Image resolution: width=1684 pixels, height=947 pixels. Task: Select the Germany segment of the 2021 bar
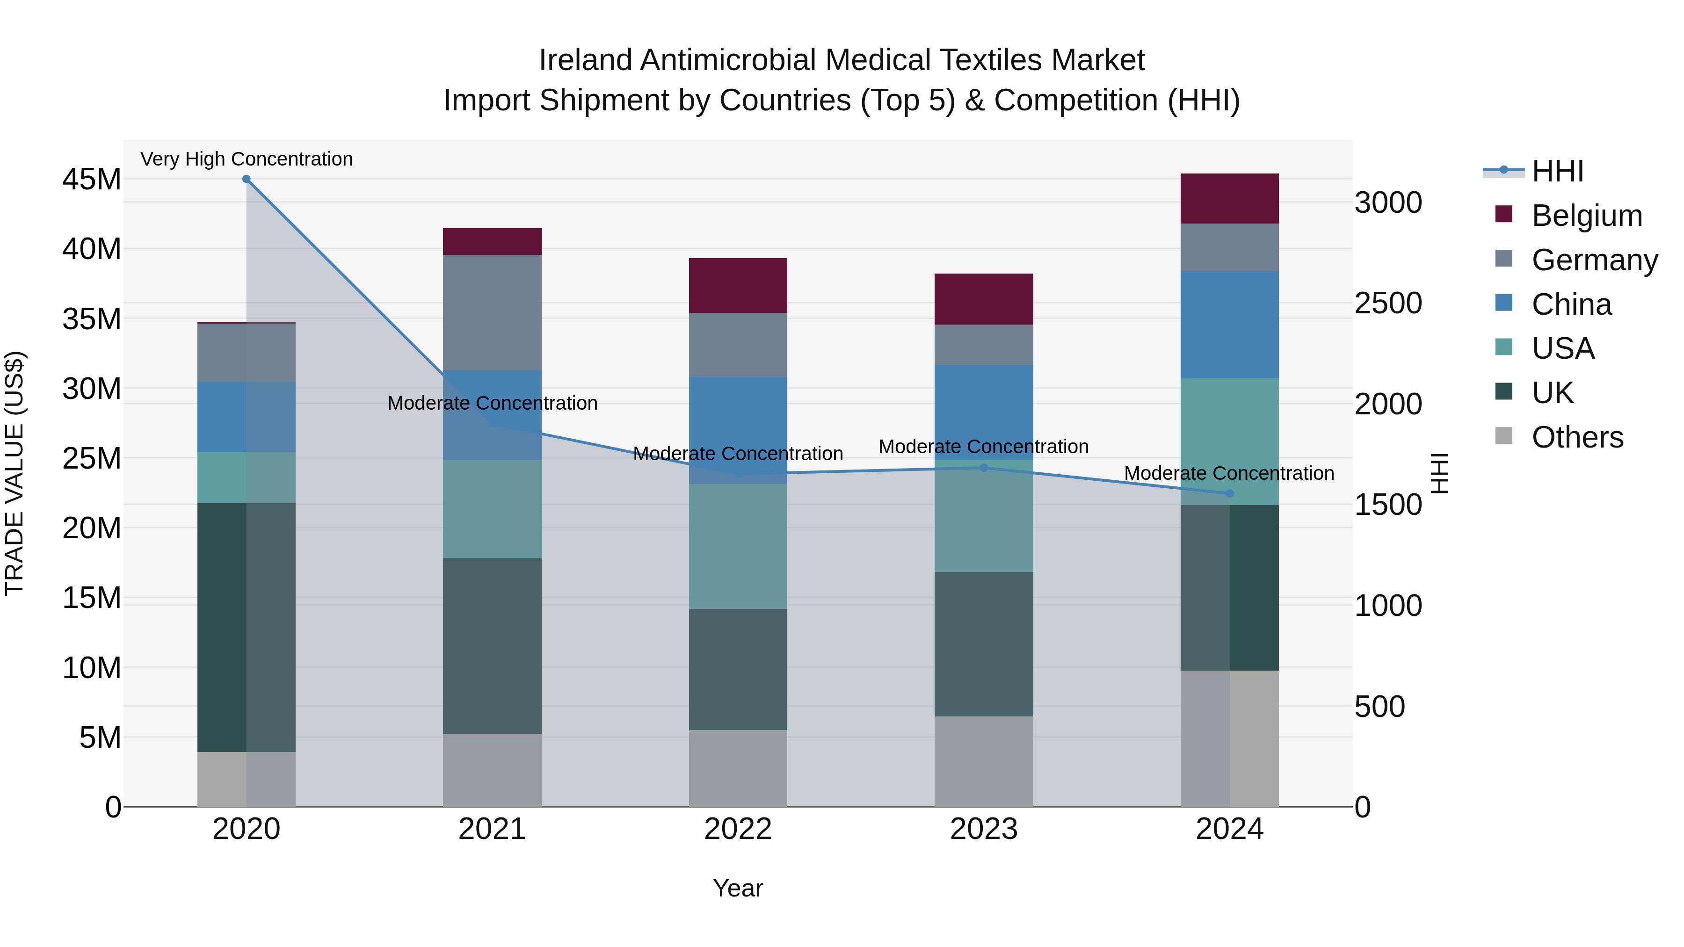(492, 312)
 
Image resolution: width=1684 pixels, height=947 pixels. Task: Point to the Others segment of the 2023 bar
(983, 761)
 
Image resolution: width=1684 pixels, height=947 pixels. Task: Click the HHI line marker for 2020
(247, 179)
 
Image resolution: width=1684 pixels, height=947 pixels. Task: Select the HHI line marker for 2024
(1229, 493)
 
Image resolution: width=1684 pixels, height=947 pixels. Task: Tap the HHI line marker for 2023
(983, 468)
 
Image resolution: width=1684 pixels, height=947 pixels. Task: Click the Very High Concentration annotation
(247, 159)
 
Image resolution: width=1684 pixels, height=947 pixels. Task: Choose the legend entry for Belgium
(1587, 216)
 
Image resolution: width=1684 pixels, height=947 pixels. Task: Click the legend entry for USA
(1562, 348)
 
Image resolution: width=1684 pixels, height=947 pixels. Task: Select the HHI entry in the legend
(1557, 171)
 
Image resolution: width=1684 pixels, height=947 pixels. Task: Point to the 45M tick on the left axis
(92, 179)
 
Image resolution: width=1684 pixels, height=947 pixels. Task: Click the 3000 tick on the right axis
(1388, 202)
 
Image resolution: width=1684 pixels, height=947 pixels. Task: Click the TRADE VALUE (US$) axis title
(15, 473)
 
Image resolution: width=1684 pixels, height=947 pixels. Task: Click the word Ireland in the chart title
(586, 60)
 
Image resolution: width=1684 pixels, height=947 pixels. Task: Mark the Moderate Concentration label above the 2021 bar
(492, 403)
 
